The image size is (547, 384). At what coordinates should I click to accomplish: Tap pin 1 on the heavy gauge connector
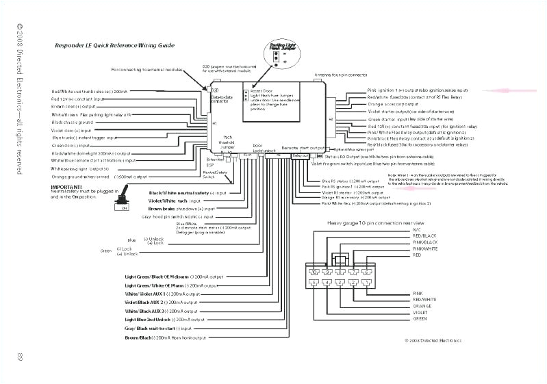tap(368, 282)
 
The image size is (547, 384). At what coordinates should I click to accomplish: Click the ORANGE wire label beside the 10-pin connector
tap(422, 306)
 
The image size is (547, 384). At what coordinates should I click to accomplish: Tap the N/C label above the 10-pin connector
tap(418, 230)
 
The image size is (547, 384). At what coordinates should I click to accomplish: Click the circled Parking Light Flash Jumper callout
tap(277, 53)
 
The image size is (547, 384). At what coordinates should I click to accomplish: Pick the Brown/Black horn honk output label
tap(164, 338)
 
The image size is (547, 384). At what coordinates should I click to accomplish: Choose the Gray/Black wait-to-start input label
tap(159, 329)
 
